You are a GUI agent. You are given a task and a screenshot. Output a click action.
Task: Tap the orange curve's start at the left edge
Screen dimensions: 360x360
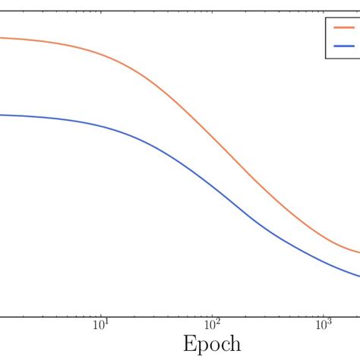point(2,38)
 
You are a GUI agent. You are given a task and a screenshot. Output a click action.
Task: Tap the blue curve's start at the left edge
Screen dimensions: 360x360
point(2,115)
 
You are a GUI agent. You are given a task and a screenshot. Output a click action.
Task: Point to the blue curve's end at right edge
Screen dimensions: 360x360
point(358,276)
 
